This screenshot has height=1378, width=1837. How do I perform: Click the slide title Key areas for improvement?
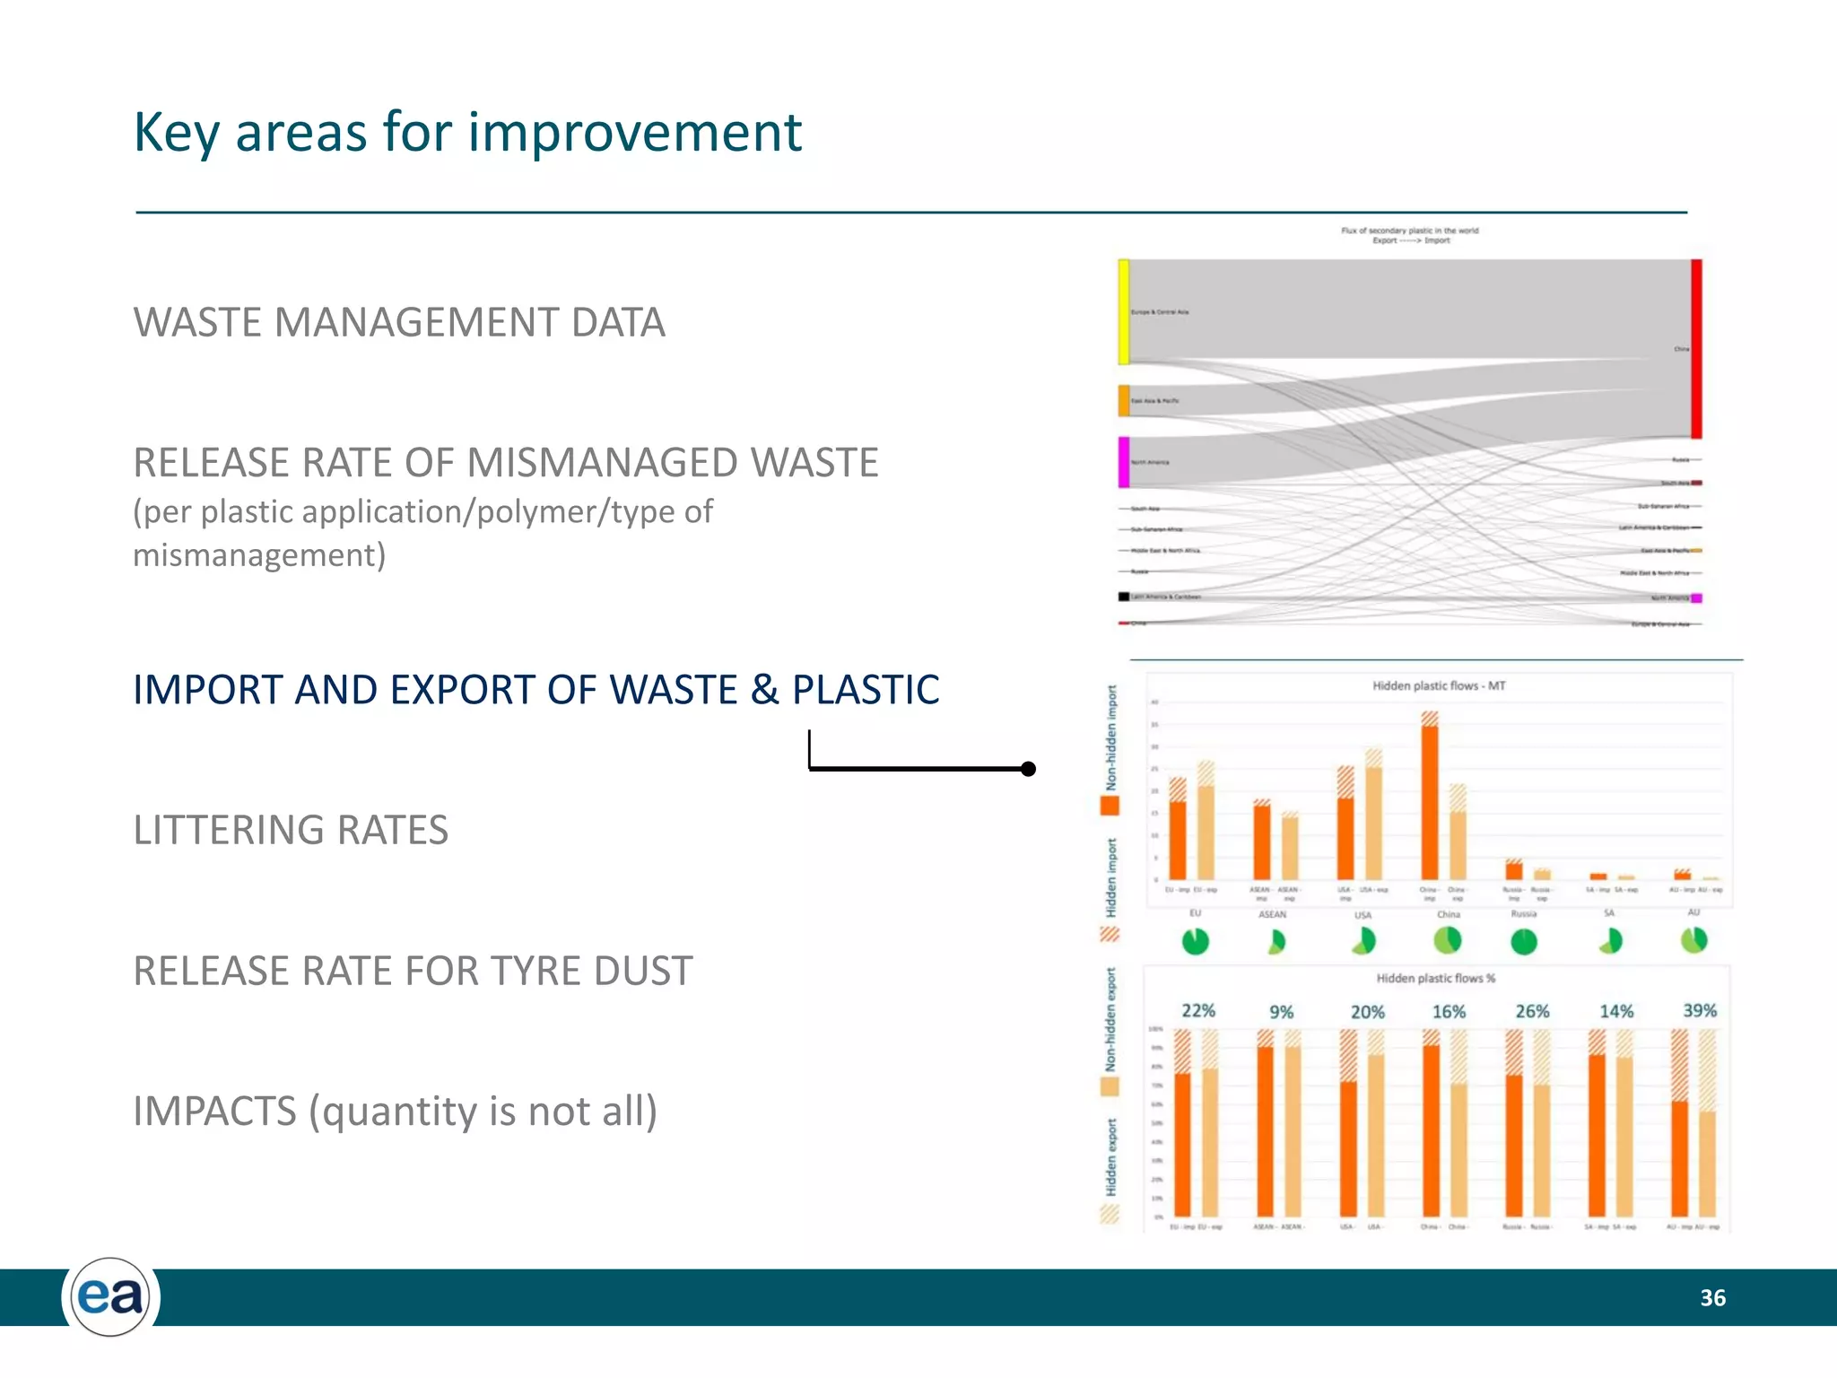(x=466, y=133)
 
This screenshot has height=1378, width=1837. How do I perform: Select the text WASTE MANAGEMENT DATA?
(x=399, y=323)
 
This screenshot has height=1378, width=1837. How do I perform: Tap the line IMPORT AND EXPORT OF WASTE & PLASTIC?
(x=535, y=690)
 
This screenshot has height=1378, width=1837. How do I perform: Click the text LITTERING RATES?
(x=291, y=830)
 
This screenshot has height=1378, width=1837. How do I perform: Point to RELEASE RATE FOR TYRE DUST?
(x=413, y=971)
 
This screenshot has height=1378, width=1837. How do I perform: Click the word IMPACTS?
(x=213, y=1112)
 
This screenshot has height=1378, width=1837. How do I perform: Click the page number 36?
(x=1712, y=1298)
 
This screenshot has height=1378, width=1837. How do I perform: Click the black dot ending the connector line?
(x=1029, y=769)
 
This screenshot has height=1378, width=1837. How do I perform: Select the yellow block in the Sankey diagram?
(x=1123, y=311)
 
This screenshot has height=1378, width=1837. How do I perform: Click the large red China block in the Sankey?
(x=1696, y=348)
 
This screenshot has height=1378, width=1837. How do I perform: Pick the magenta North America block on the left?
(x=1123, y=462)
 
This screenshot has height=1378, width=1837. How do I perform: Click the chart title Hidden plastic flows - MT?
(x=1439, y=685)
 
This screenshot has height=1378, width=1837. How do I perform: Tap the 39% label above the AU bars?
(x=1700, y=1010)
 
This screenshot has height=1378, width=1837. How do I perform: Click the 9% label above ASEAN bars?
(x=1281, y=1012)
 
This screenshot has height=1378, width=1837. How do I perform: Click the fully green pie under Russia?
(x=1524, y=941)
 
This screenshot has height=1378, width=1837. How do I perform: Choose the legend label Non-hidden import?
(x=1111, y=737)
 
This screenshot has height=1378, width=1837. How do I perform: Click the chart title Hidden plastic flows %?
(x=1435, y=978)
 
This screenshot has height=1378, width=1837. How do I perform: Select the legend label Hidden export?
(x=1111, y=1156)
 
